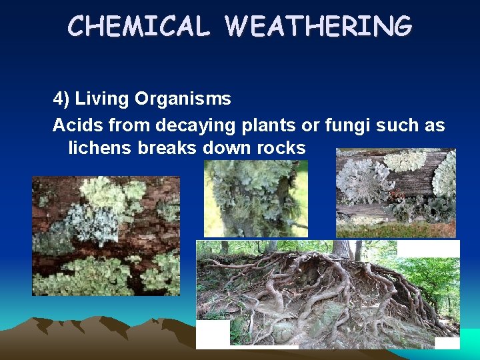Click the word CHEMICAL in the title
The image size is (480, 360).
click(139, 27)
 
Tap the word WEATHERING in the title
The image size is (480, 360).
click(319, 27)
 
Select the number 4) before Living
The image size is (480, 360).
click(61, 99)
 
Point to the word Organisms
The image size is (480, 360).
click(183, 99)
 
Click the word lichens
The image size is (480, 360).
click(101, 148)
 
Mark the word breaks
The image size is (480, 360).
click(167, 148)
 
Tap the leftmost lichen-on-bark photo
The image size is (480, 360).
click(106, 235)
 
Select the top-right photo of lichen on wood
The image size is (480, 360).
click(396, 193)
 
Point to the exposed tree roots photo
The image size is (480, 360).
click(328, 294)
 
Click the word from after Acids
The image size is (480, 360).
click(126, 125)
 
